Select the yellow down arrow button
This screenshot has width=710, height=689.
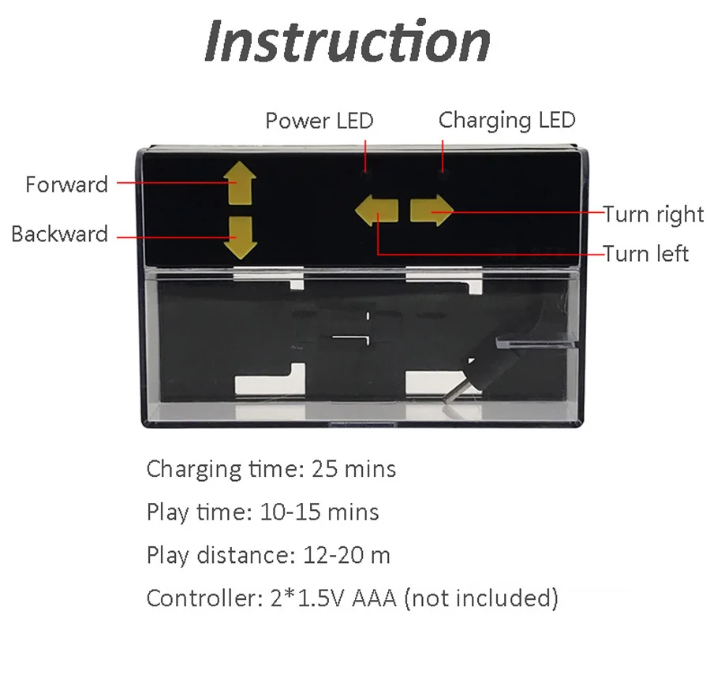tap(241, 237)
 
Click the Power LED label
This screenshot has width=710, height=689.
tap(319, 121)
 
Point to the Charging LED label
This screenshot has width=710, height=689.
tap(506, 121)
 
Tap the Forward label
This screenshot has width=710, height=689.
tap(66, 184)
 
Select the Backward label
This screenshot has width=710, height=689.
tap(59, 234)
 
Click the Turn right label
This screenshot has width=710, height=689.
tap(653, 214)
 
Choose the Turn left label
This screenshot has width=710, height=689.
tap(645, 254)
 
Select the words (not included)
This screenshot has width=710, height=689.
tap(480, 598)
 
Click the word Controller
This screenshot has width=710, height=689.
tap(198, 598)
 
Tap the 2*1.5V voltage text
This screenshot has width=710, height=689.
tap(303, 598)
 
